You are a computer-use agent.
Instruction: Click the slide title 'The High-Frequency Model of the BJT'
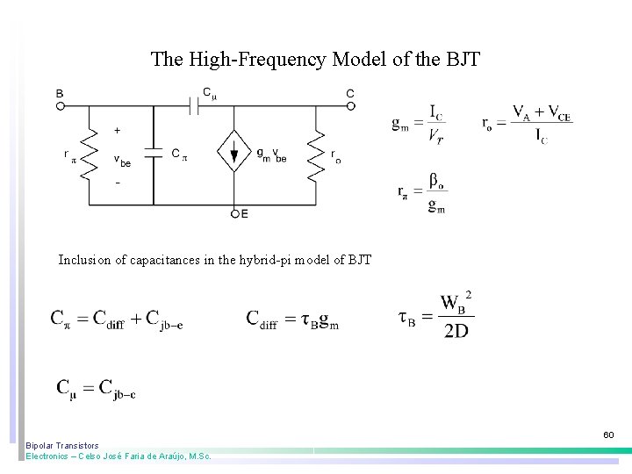click(315, 60)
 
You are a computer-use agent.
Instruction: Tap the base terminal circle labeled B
click(61, 106)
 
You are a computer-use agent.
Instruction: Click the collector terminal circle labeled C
click(350, 106)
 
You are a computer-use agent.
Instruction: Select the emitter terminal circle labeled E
click(234, 213)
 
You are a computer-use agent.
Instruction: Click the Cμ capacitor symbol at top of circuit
click(197, 106)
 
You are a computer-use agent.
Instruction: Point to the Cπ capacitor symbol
click(154, 153)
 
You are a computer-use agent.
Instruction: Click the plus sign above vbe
click(118, 130)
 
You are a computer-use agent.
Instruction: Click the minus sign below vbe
click(118, 183)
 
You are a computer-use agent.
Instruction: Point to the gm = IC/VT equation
click(418, 124)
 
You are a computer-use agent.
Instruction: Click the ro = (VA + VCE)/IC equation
click(527, 124)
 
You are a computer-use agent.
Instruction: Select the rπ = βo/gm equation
click(421, 194)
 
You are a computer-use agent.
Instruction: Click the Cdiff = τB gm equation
click(292, 320)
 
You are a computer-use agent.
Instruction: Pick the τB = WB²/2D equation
click(436, 316)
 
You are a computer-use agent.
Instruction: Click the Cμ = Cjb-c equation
click(96, 388)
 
